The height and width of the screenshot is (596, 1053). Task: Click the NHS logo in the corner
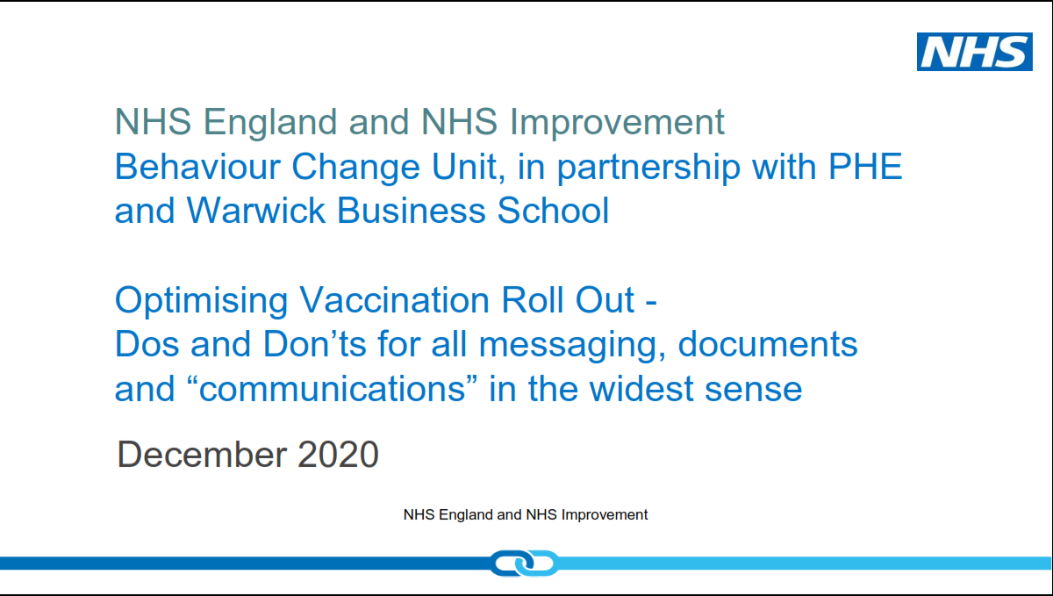coord(975,52)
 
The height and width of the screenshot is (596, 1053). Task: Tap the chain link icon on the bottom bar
coord(524,563)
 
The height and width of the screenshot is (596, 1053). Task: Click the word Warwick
coord(255,210)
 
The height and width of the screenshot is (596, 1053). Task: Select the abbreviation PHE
coord(865,166)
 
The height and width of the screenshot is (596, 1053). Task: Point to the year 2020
coord(338,454)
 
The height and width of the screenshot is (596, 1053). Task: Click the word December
coord(202,454)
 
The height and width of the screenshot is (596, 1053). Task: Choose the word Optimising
coord(201,301)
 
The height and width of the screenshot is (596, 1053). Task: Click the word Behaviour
coord(197,166)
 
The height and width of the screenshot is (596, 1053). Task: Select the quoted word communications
coord(332,389)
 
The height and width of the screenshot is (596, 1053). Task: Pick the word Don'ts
coord(314,344)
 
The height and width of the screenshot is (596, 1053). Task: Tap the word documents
coord(768,344)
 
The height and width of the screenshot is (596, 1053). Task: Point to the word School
coord(553,210)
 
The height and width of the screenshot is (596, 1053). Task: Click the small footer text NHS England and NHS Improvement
coord(526,514)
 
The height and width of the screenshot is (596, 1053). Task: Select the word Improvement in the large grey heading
coord(617,123)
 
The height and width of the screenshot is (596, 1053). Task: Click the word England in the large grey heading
coord(270,123)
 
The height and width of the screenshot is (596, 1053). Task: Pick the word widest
coord(641,389)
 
